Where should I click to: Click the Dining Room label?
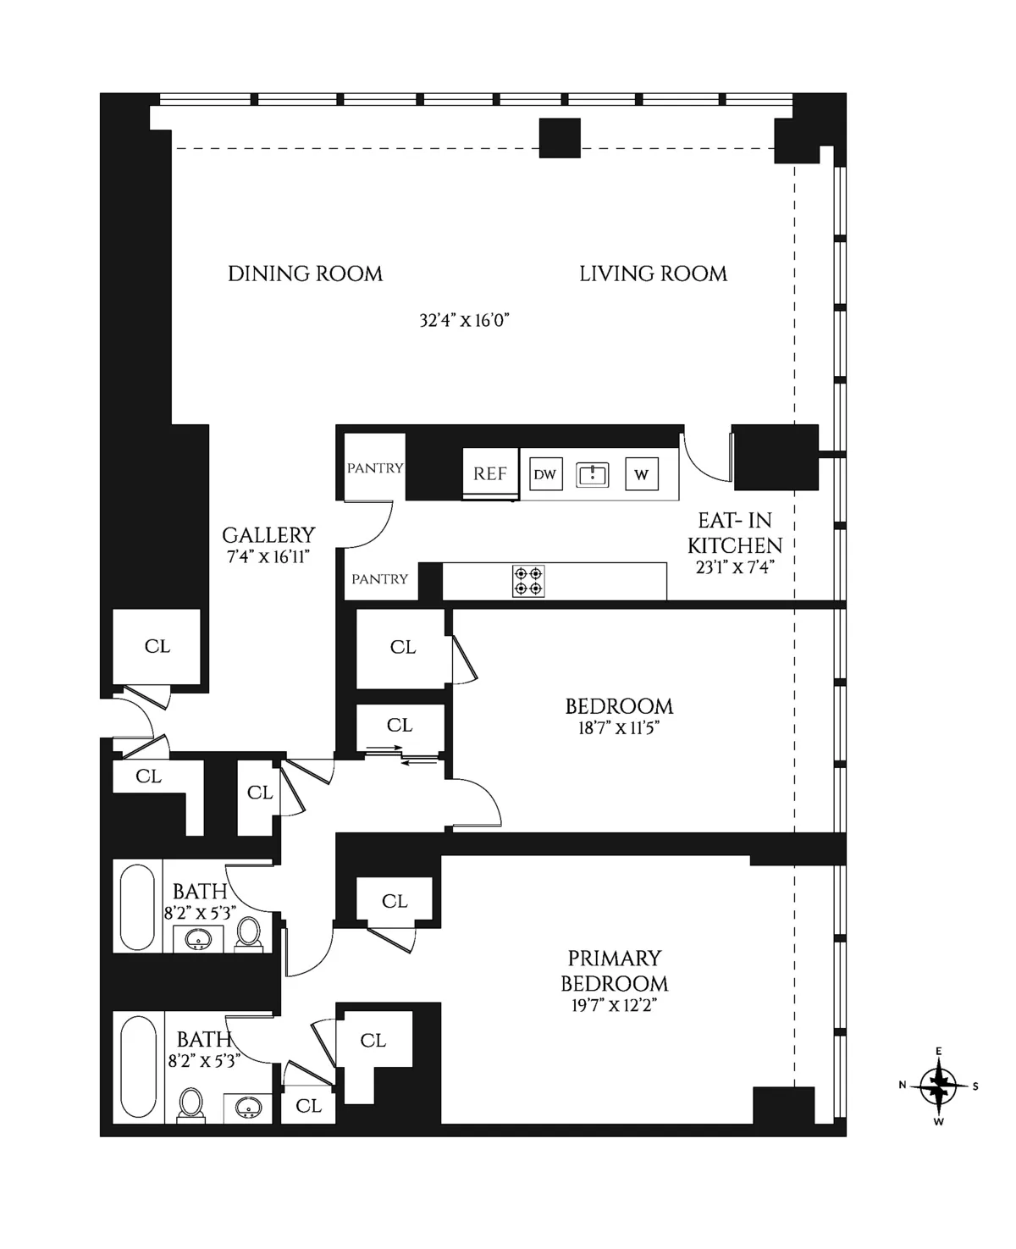click(305, 274)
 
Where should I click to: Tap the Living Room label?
click(653, 274)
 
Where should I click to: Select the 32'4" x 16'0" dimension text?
click(464, 321)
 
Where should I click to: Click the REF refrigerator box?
click(490, 474)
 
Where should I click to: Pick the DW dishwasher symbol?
click(545, 474)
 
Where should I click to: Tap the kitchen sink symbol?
click(593, 474)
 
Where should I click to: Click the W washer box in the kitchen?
click(641, 474)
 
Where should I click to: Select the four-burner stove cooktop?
click(528, 581)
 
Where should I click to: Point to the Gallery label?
click(268, 535)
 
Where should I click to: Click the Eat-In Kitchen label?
click(734, 533)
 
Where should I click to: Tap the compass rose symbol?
click(938, 1086)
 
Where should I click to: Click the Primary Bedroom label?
click(614, 970)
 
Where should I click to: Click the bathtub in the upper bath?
click(137, 907)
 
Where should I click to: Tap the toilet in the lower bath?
click(191, 1103)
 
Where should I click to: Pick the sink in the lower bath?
click(248, 1107)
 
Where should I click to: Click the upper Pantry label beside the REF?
click(375, 468)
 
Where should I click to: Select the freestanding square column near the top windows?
click(560, 138)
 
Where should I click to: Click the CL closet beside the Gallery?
click(157, 646)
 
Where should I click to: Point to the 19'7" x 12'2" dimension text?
click(614, 1006)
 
